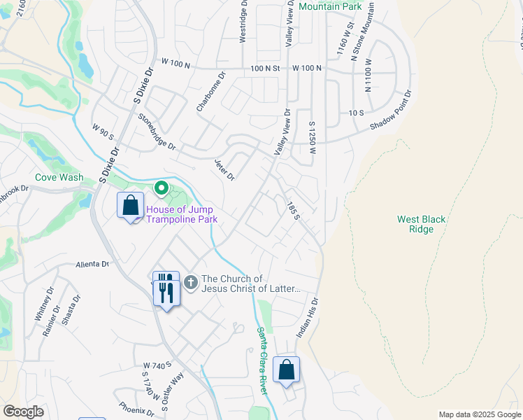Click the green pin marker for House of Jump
(x=162, y=188)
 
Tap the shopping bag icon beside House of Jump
(x=130, y=206)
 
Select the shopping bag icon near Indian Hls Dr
(x=287, y=370)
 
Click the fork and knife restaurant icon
(x=166, y=288)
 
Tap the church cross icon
(x=192, y=283)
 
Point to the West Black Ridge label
(x=421, y=224)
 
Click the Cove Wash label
(x=59, y=178)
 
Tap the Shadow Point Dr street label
(x=391, y=111)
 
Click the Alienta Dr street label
(x=93, y=265)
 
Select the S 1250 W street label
(x=313, y=132)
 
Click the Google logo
(x=23, y=412)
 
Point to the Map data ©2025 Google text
(x=480, y=414)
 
